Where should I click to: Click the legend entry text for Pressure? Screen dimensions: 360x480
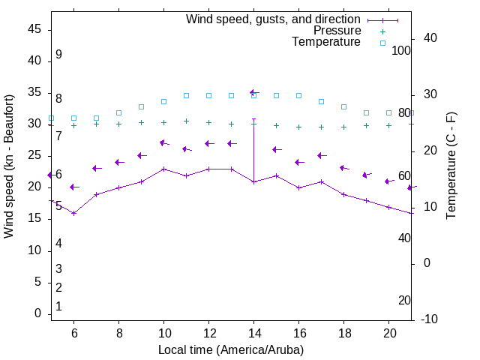click(x=337, y=31)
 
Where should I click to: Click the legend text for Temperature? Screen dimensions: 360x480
click(x=326, y=42)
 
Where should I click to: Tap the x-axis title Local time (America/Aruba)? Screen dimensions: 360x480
click(x=231, y=349)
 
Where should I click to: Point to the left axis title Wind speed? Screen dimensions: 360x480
click(x=9, y=166)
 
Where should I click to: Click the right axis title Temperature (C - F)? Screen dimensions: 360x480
click(x=451, y=166)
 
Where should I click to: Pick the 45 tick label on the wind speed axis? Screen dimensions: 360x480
click(x=34, y=29)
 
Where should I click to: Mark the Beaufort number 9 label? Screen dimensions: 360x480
click(x=58, y=55)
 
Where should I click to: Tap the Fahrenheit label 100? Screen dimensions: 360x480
click(x=401, y=50)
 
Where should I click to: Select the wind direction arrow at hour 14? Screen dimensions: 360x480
click(x=253, y=92)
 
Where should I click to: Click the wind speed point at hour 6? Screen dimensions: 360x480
click(x=73, y=213)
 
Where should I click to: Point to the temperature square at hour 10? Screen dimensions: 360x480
click(x=163, y=101)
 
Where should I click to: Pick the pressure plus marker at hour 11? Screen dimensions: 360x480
click(x=186, y=121)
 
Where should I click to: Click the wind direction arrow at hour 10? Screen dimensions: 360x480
click(x=163, y=142)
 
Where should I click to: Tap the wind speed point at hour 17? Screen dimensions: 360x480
click(x=321, y=181)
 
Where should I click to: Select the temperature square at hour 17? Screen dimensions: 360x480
click(x=321, y=101)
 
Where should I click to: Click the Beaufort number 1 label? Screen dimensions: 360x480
click(x=58, y=306)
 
